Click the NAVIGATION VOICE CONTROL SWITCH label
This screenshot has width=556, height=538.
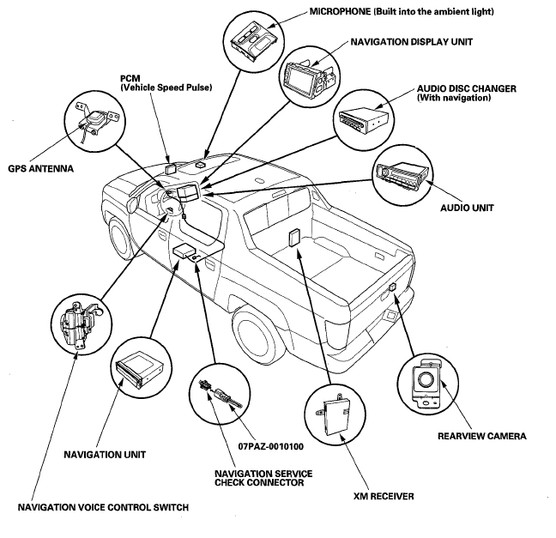pyautogui.click(x=103, y=507)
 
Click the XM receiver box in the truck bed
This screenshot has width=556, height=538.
pyautogui.click(x=294, y=237)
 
